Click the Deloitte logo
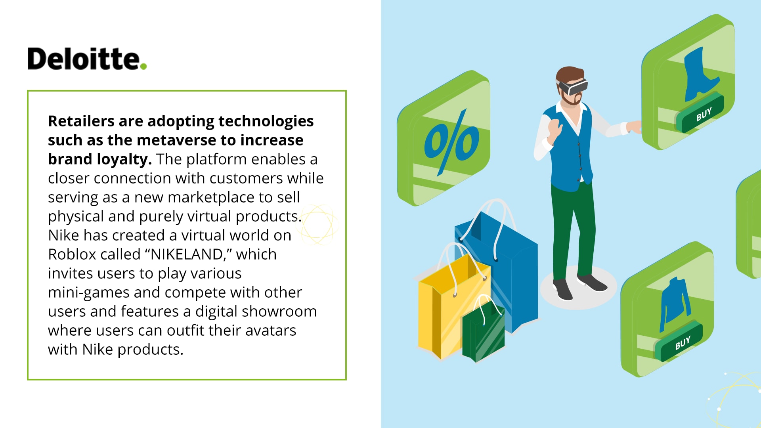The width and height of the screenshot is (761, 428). click(87, 59)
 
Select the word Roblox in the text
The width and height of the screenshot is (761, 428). click(75, 254)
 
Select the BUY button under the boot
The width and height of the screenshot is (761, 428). click(700, 113)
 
